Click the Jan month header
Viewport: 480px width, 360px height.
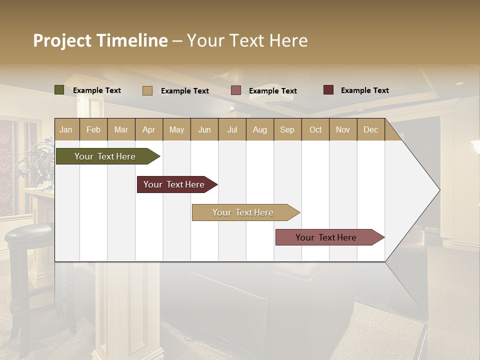(x=66, y=129)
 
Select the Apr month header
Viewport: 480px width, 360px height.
(x=149, y=129)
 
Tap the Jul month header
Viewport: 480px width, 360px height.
(x=232, y=129)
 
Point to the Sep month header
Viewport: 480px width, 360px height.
(x=287, y=129)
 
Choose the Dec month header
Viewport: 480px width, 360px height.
(x=370, y=129)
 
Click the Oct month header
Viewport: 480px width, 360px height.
(x=315, y=129)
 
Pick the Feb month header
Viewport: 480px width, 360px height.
(x=93, y=129)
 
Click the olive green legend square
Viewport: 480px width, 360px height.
(x=59, y=90)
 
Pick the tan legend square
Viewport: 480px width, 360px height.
(x=147, y=90)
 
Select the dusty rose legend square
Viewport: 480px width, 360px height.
(x=236, y=90)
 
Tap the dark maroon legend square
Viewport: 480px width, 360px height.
(x=328, y=90)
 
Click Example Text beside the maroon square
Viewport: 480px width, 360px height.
(x=364, y=90)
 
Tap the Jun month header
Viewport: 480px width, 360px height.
(x=204, y=129)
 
